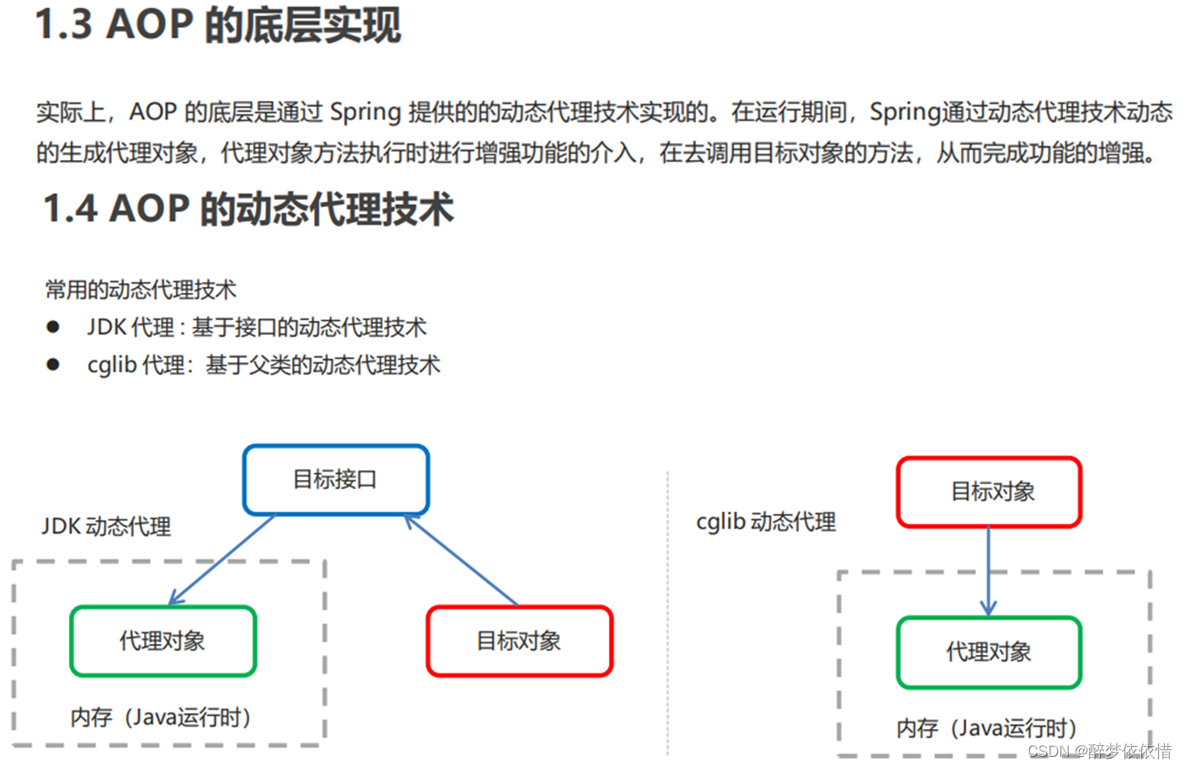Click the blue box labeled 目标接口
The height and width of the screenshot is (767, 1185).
click(x=336, y=480)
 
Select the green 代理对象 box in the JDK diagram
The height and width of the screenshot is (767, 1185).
click(x=162, y=642)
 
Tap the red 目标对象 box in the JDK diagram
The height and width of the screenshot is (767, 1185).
click(x=519, y=642)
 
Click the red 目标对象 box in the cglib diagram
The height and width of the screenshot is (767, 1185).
click(x=989, y=493)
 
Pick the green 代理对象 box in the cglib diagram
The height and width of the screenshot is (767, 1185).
click(x=989, y=652)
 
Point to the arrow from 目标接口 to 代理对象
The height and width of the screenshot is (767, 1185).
click(x=223, y=559)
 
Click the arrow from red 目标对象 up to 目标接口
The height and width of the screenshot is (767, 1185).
click(x=461, y=561)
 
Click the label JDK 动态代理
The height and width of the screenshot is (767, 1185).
click(x=106, y=527)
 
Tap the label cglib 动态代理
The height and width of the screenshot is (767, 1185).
click(x=766, y=522)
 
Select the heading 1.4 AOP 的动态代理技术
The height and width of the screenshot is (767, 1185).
click(x=248, y=209)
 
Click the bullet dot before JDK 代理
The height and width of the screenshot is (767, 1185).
click(x=53, y=327)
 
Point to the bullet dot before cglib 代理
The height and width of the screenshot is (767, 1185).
click(x=53, y=365)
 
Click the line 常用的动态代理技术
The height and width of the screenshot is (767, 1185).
click(x=141, y=290)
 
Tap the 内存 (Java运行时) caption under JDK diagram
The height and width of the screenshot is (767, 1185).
click(x=161, y=717)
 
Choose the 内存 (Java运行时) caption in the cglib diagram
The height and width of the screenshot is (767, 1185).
click(x=986, y=728)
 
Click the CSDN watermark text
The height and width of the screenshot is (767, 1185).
click(x=1098, y=751)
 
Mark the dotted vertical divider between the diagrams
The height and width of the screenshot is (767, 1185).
click(x=667, y=615)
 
